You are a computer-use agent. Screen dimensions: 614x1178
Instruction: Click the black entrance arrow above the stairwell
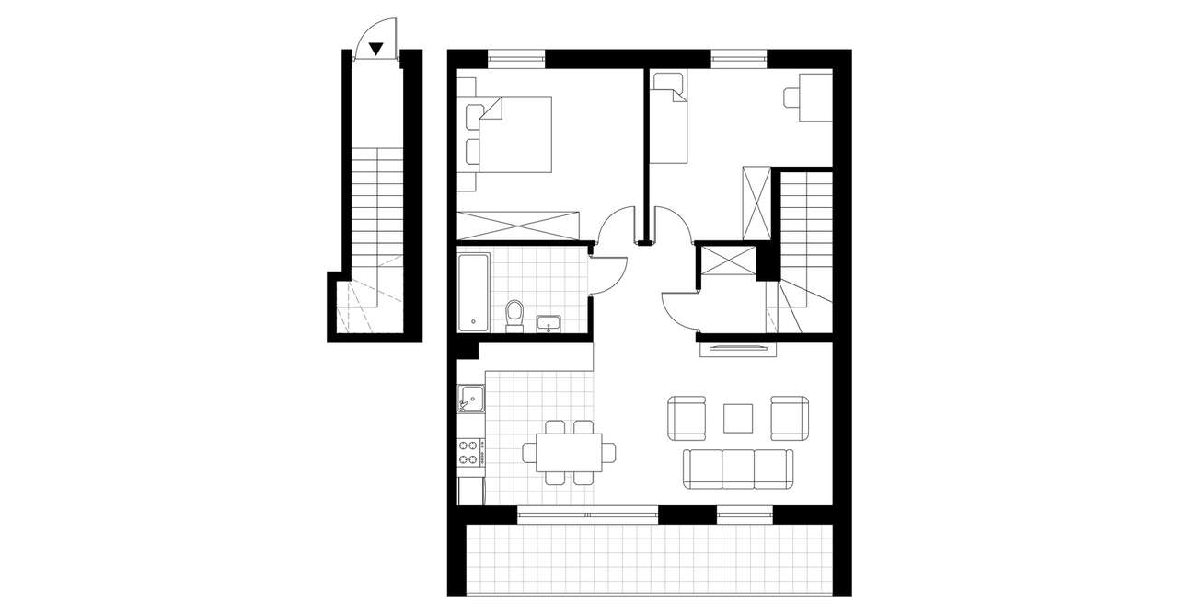[375, 48]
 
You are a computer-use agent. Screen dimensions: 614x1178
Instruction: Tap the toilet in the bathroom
[514, 313]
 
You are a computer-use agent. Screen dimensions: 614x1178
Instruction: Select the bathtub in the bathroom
[473, 293]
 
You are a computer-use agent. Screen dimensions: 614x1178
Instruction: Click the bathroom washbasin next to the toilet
[548, 322]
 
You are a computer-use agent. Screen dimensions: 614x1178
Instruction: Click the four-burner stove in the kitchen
[470, 452]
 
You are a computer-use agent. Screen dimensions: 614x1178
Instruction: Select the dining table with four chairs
[570, 452]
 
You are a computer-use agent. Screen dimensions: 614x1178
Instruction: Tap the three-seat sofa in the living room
[738, 468]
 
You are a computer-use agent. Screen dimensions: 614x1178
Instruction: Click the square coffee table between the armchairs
[738, 418]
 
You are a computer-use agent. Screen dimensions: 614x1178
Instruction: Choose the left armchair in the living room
[687, 417]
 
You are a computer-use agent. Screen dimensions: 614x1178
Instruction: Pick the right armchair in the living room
[790, 417]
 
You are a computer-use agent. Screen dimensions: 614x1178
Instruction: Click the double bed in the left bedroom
[511, 134]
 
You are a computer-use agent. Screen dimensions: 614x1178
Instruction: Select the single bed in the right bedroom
[668, 117]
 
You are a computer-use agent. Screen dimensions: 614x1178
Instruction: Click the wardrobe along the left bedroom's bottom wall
[520, 225]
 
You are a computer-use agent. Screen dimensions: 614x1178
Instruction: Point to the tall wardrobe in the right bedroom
[756, 203]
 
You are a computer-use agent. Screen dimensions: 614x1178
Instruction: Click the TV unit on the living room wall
[738, 348]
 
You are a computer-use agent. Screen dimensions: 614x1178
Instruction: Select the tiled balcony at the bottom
[649, 560]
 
